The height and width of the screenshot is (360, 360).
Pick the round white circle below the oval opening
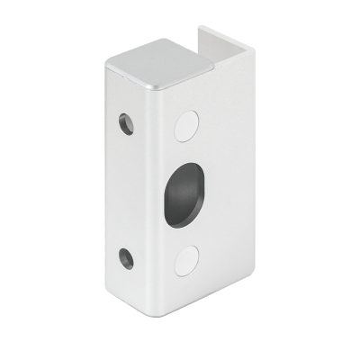[187, 259]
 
